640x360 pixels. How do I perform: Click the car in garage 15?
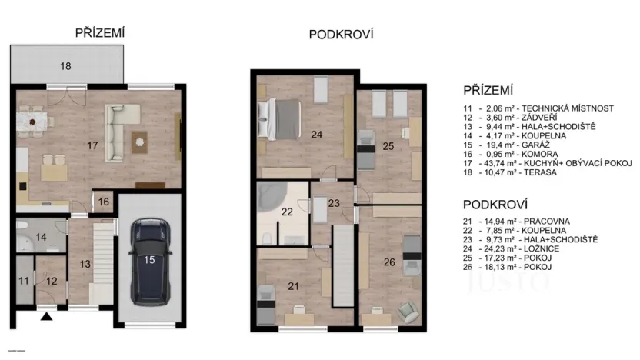(149, 260)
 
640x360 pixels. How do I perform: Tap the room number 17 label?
(92, 145)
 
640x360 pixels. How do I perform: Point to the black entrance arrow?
(47, 315)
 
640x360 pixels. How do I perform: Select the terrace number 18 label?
(65, 67)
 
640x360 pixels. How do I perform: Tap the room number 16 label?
(104, 202)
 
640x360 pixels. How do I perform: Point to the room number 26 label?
(389, 262)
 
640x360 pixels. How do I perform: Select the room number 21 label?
(292, 286)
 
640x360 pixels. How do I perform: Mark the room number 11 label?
(25, 281)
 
